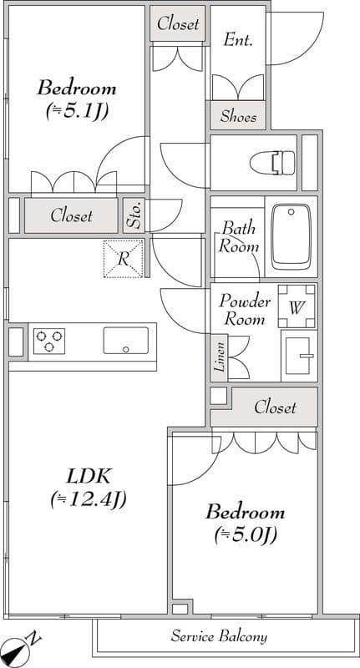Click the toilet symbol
pos(272,163)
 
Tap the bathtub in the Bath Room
pos(292,236)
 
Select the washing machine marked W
pos(297,306)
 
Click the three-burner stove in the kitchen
pos(49,342)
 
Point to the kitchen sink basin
pos(125,341)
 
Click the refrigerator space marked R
pos(124,259)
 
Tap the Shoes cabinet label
pos(239,116)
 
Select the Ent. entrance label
pos(239,41)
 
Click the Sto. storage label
pos(134,215)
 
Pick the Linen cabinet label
pos(219,358)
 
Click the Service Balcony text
pos(220,637)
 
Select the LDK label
pos(89,477)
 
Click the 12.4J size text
pos(89,499)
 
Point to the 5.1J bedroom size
pos(77,112)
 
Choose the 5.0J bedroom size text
pos(246,534)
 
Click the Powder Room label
pos(245,310)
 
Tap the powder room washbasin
pos(298,356)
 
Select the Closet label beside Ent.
pos(178,24)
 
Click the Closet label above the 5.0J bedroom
pos(275,407)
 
